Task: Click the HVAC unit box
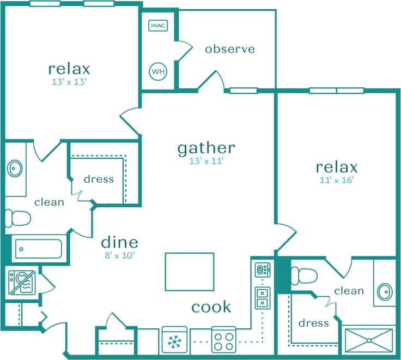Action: [x=157, y=26]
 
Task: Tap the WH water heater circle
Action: [x=157, y=71]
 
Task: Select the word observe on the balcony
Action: [x=229, y=49]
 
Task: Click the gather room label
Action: [x=206, y=147]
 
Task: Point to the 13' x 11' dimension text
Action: [x=206, y=161]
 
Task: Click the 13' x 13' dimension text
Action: [x=69, y=82]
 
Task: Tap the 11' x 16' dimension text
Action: [x=337, y=181]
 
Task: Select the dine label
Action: [x=119, y=242]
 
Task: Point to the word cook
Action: [x=211, y=307]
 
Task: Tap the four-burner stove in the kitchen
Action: [x=223, y=341]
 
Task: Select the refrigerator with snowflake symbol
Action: [x=174, y=341]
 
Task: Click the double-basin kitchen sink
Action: [x=262, y=296]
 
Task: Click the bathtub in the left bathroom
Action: [x=38, y=250]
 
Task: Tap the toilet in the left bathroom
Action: [x=17, y=219]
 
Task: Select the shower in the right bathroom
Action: [x=368, y=340]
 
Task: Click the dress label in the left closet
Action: [x=99, y=179]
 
